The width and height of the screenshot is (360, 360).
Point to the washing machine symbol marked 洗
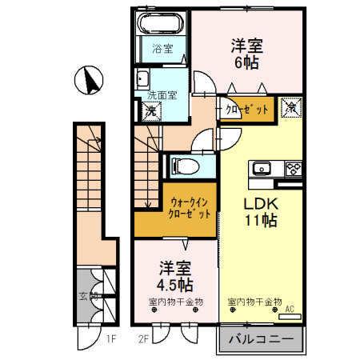tap(150, 111)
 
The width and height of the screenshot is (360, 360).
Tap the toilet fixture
tap(182, 166)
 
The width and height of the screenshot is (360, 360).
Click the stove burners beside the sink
tap(292, 168)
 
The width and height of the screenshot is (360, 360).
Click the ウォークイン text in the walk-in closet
tap(190, 204)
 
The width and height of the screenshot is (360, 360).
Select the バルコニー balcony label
tap(262, 340)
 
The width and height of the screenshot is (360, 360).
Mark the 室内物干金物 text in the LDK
tap(255, 302)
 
